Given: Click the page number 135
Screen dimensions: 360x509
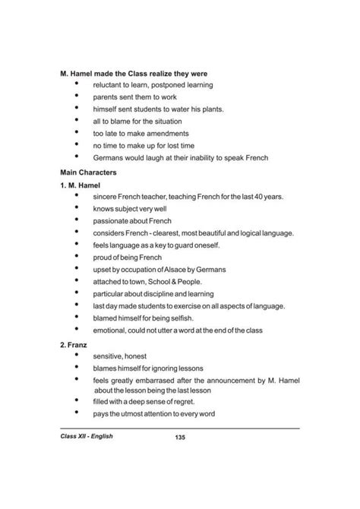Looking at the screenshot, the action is pyautogui.click(x=180, y=437).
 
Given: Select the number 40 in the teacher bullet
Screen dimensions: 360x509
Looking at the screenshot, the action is pyautogui.click(x=261, y=197).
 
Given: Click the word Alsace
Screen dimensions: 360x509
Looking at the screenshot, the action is pyautogui.click(x=188, y=269).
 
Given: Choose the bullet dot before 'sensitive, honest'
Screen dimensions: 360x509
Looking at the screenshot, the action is pyautogui.click(x=77, y=355).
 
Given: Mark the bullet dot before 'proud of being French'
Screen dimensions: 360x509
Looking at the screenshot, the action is pyautogui.click(x=77, y=256).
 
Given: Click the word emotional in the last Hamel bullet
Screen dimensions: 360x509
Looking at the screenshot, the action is pyautogui.click(x=111, y=330).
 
